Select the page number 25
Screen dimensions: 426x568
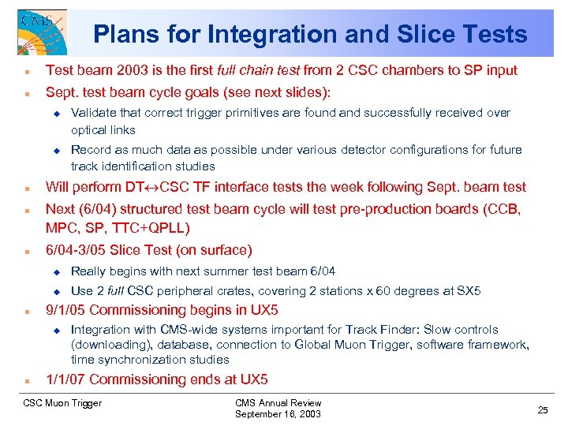click(542, 409)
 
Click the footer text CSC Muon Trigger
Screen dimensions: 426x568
click(63, 403)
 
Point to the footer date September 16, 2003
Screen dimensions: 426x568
click(278, 414)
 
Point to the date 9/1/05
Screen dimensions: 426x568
click(66, 310)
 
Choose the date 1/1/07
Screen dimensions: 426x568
click(66, 379)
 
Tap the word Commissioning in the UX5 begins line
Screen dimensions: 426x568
click(134, 310)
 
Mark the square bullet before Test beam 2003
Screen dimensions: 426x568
click(27, 71)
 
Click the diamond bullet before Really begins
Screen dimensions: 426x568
click(56, 271)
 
